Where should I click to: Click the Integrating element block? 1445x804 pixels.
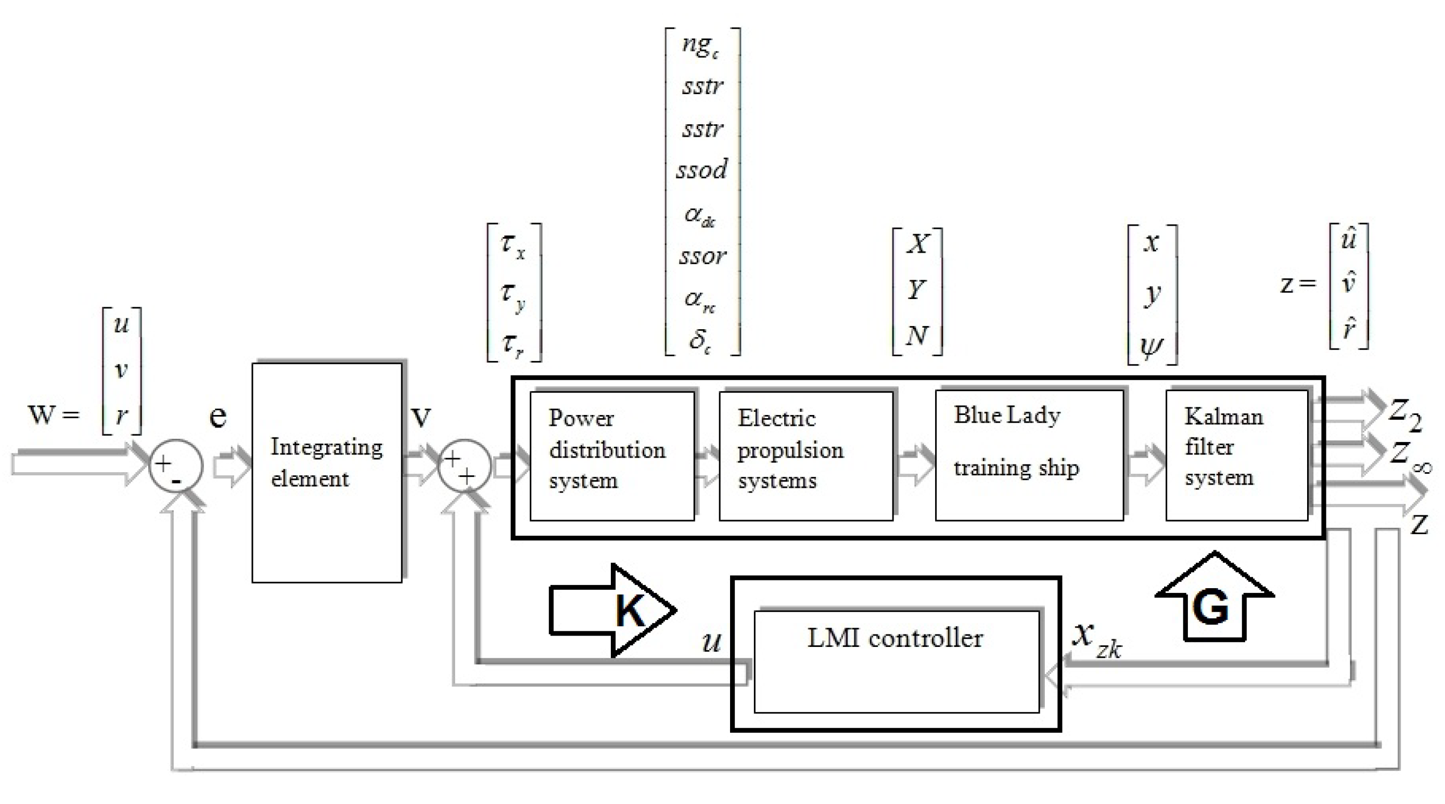[326, 472]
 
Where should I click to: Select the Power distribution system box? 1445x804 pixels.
[611, 455]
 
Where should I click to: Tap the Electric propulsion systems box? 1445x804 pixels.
[805, 455]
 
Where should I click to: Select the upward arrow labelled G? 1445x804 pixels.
[1214, 600]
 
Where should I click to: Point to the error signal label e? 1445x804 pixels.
[218, 416]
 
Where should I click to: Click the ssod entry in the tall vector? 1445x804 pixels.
[702, 170]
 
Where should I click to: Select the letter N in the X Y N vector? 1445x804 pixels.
[916, 335]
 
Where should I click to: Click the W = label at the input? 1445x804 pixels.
[53, 415]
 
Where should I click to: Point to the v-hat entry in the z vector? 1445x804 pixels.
[1348, 283]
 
